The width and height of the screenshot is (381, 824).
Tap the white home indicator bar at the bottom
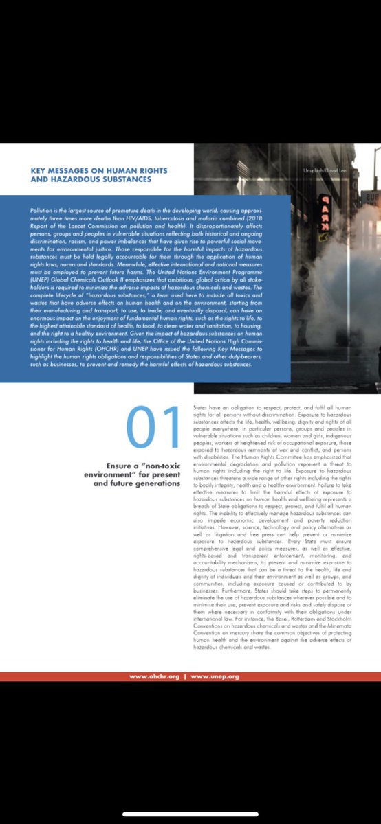[190, 814]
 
